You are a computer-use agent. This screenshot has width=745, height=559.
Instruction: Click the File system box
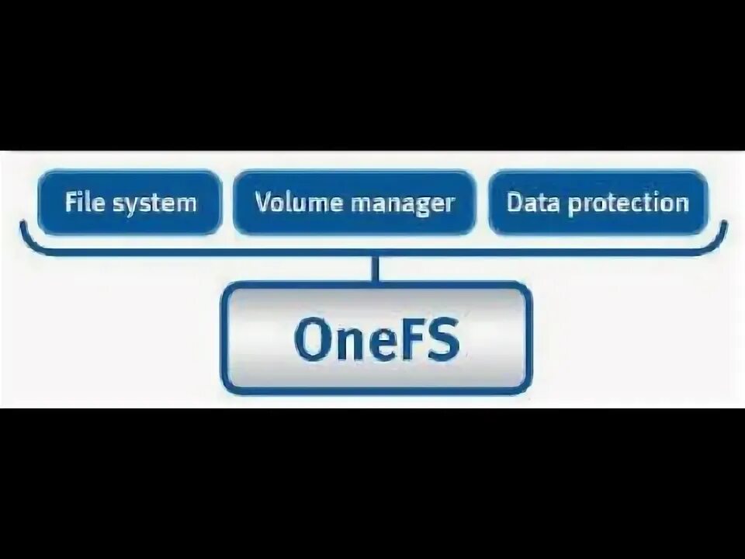pos(130,203)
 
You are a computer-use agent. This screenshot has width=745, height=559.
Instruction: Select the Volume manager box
pos(354,203)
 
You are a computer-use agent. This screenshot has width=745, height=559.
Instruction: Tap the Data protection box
pos(598,203)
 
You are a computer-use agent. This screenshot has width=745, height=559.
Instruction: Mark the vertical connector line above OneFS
pos(376,268)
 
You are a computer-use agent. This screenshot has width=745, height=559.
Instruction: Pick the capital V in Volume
pos(263,203)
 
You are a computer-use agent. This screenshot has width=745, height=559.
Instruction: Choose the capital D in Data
pos(515,203)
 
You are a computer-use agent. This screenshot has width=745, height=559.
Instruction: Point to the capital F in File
pos(71,203)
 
